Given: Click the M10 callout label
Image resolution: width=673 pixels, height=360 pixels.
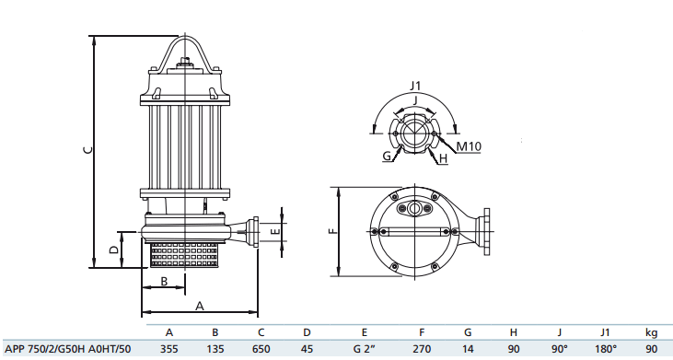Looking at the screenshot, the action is pos(469,146).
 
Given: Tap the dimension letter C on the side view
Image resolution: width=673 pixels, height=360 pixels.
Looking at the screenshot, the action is pos(87,150).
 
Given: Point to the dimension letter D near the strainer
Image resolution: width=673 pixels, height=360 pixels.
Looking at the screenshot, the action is pos(114,250).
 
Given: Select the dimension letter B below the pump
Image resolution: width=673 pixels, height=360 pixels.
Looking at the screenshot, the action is pos(164,282).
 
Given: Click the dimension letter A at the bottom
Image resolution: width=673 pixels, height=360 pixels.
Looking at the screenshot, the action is pos(200,306).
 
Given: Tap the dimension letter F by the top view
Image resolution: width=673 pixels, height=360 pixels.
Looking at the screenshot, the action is pos(333,231).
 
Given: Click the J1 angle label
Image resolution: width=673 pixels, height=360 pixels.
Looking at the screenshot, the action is pos(415,86).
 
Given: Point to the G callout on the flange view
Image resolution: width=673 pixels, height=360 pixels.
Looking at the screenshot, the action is pos(388,156).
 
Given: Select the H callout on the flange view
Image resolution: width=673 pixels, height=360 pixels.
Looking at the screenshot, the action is pos(444,158).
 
